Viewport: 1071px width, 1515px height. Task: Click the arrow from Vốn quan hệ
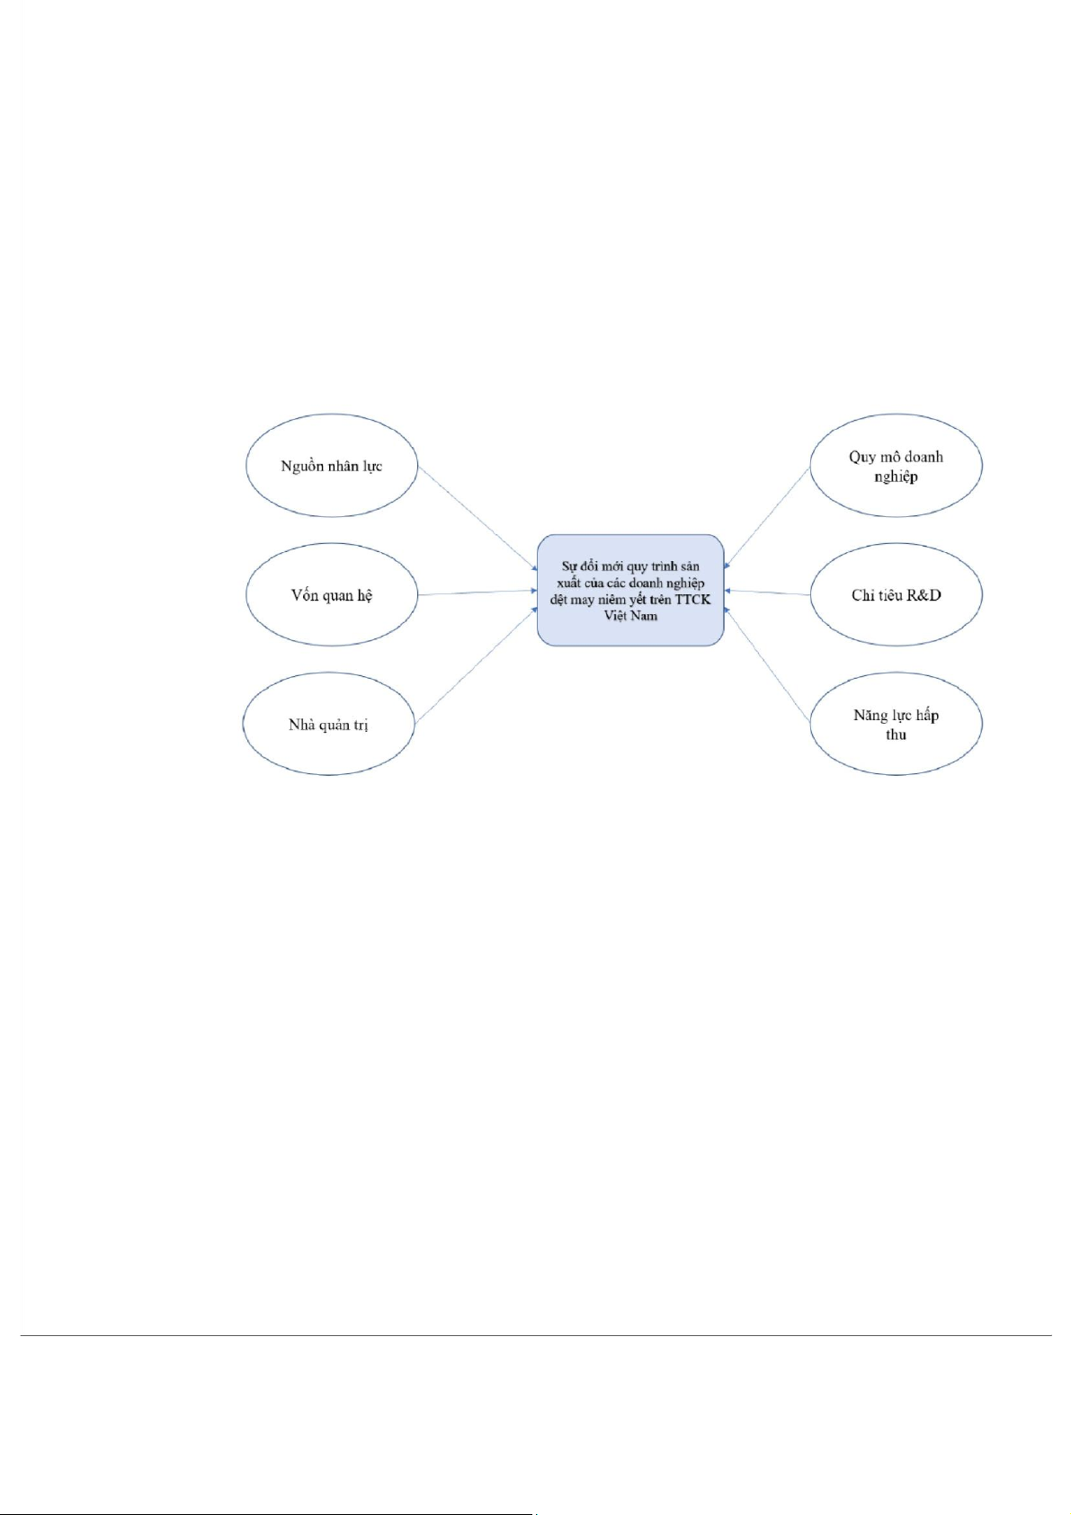(x=477, y=593)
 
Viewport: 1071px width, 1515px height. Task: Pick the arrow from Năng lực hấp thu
(x=767, y=666)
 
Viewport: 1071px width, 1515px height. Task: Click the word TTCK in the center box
(x=692, y=600)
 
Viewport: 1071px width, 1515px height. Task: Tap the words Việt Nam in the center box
(x=630, y=616)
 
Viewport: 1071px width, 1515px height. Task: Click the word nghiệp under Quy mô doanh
(x=896, y=477)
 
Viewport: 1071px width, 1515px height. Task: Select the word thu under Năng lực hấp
(x=896, y=735)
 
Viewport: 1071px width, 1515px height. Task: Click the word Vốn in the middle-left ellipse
(x=304, y=595)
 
